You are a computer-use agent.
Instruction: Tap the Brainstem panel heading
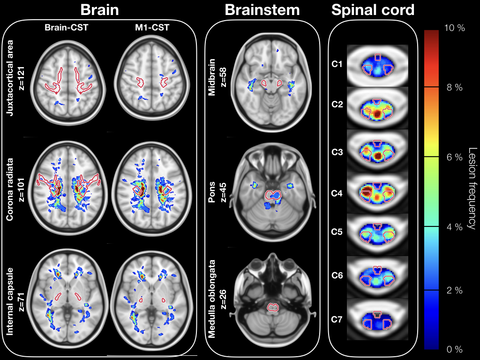pos(262,10)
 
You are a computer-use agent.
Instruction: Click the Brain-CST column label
pos(66,28)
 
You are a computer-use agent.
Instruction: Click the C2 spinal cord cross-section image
pos(377,108)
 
